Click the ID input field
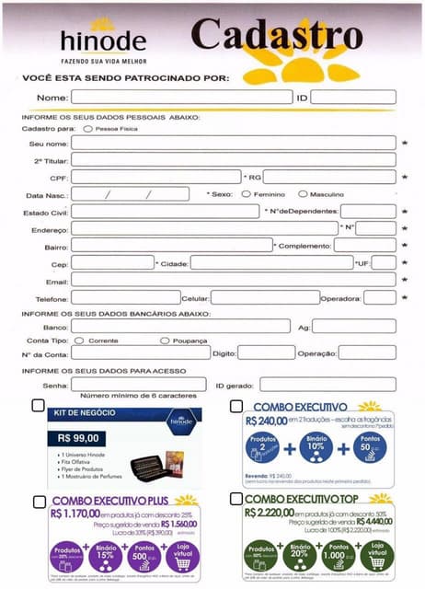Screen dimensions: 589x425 click(352, 98)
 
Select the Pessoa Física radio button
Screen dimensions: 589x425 click(87, 130)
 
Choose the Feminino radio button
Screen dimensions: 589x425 click(246, 194)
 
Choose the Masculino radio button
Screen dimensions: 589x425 click(304, 194)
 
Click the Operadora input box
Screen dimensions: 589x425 click(380, 297)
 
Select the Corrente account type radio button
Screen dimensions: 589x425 click(80, 341)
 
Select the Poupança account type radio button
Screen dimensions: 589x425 click(165, 341)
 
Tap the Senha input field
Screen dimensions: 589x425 click(138, 385)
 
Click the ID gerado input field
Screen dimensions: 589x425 click(327, 385)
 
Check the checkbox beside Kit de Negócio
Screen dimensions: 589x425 click(38, 405)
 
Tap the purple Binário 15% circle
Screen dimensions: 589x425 click(106, 555)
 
